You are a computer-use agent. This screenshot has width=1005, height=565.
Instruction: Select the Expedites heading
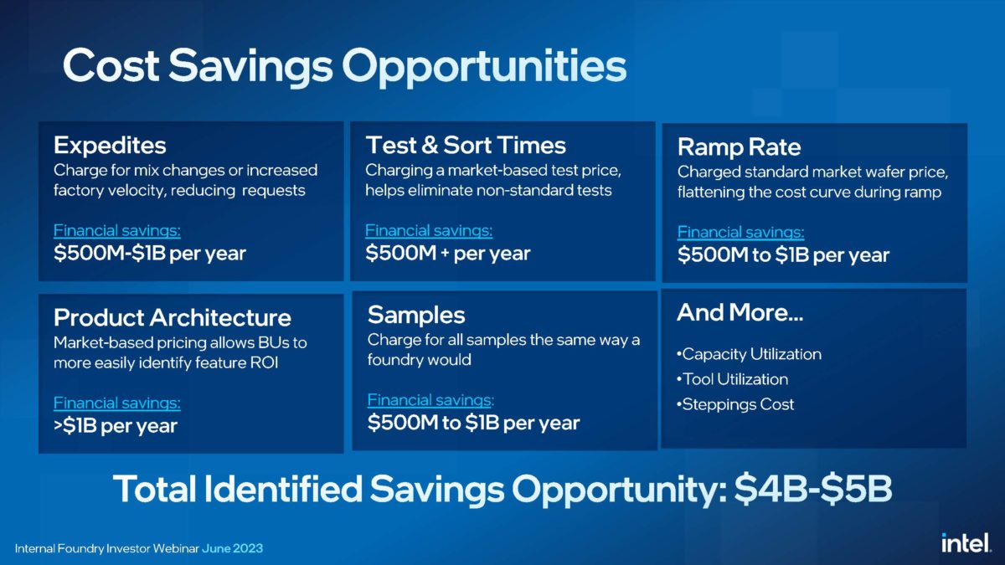coord(110,146)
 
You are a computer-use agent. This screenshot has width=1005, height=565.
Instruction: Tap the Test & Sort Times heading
coord(466,145)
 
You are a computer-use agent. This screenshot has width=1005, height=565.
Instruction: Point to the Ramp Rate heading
coord(739,147)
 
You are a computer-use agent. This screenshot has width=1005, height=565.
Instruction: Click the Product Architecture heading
coord(172,318)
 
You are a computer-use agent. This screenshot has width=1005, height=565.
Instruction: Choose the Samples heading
coord(415,315)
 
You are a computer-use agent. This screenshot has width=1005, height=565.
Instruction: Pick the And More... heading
coord(740,313)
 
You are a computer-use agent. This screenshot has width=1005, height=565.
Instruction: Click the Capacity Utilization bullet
coord(750,354)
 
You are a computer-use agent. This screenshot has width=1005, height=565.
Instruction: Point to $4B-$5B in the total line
coord(812,489)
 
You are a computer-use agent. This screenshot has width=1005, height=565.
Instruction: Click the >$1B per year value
coord(115,426)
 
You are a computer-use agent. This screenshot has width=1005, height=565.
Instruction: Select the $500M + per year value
coord(447,253)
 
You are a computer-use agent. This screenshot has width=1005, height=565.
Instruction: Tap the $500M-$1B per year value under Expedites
coord(149,254)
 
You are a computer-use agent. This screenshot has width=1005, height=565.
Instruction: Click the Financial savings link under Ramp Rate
coord(740,233)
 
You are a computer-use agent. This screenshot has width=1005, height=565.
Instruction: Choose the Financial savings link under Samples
coord(430,400)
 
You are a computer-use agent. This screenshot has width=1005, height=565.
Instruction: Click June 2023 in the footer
coord(232,548)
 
